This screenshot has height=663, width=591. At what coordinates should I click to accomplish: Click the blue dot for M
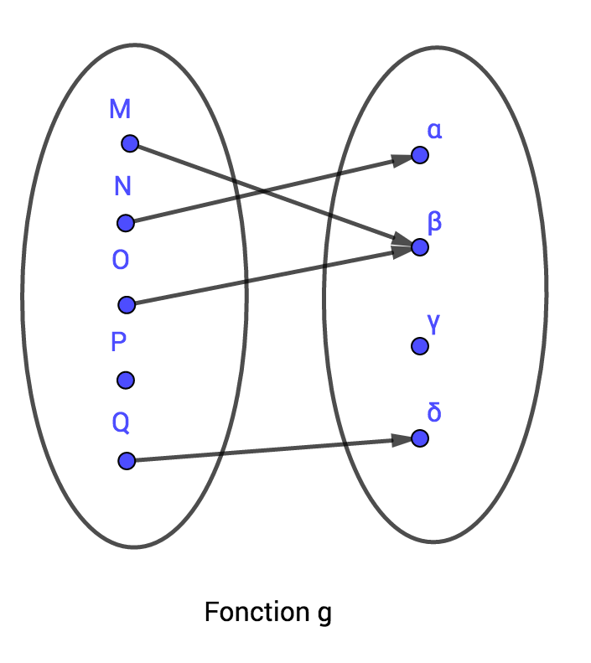click(129, 144)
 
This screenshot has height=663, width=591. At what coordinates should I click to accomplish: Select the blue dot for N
click(126, 223)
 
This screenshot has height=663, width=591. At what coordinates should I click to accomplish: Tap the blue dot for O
click(127, 304)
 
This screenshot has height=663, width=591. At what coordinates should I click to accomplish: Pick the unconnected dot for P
click(126, 381)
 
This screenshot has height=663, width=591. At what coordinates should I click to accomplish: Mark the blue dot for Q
click(127, 460)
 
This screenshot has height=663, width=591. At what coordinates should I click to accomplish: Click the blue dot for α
click(420, 156)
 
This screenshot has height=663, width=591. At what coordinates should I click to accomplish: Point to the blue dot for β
click(420, 247)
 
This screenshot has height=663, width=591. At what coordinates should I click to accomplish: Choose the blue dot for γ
click(419, 346)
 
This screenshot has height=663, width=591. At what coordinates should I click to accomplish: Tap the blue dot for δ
click(420, 438)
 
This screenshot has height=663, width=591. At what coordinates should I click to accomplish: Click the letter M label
click(120, 109)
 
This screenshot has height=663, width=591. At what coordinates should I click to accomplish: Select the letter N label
click(122, 186)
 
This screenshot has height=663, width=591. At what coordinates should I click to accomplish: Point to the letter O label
click(121, 261)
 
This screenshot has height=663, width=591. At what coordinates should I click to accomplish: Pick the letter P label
click(119, 342)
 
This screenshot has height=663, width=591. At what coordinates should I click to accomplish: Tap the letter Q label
click(121, 423)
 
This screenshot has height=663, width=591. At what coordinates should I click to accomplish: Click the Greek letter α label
click(434, 131)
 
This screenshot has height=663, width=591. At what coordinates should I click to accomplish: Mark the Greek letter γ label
click(434, 324)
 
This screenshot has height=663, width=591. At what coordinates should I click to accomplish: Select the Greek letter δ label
click(434, 413)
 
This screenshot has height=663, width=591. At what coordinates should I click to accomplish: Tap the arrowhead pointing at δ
click(403, 440)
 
